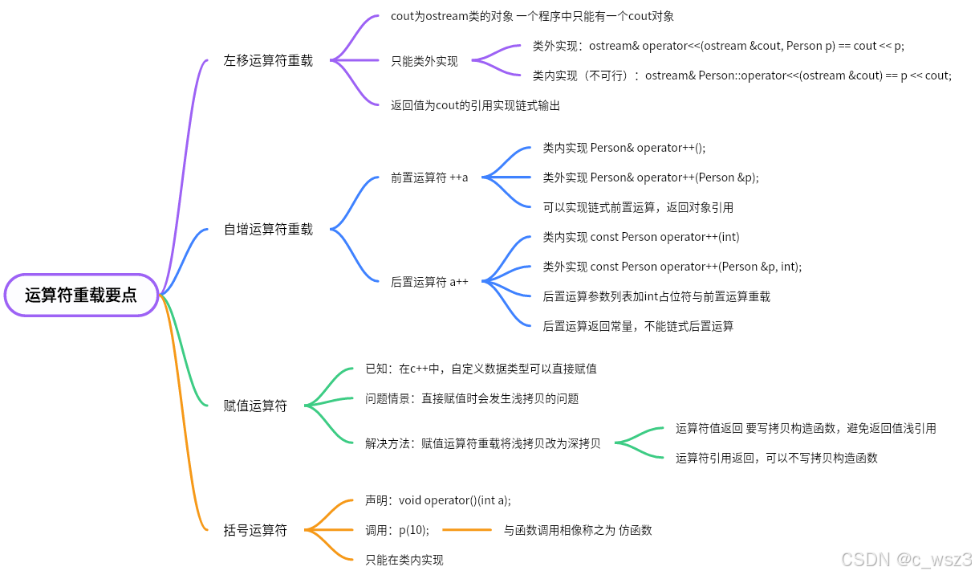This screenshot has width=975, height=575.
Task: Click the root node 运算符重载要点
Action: (81, 295)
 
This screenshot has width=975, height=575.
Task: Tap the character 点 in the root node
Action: (129, 296)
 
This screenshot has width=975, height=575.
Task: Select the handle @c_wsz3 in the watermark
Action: (933, 558)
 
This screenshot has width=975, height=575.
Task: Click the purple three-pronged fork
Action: (353, 59)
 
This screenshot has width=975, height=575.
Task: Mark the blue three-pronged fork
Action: (506, 177)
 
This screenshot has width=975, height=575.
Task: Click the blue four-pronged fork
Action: (506, 281)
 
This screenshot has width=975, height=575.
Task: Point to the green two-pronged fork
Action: (638, 442)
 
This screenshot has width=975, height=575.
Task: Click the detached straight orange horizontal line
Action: (466, 530)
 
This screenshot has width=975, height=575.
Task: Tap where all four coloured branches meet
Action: (160, 295)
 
